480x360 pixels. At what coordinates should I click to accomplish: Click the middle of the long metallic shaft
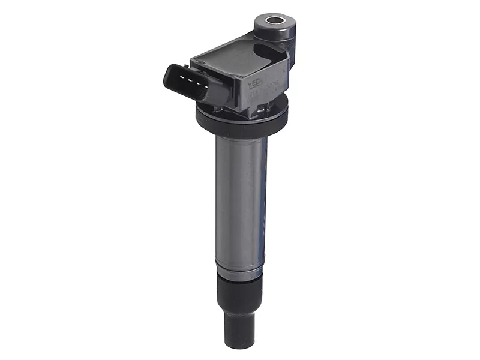239,198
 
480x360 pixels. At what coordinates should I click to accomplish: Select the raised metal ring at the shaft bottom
239,271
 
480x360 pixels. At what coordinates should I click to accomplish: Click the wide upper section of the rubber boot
239,294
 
